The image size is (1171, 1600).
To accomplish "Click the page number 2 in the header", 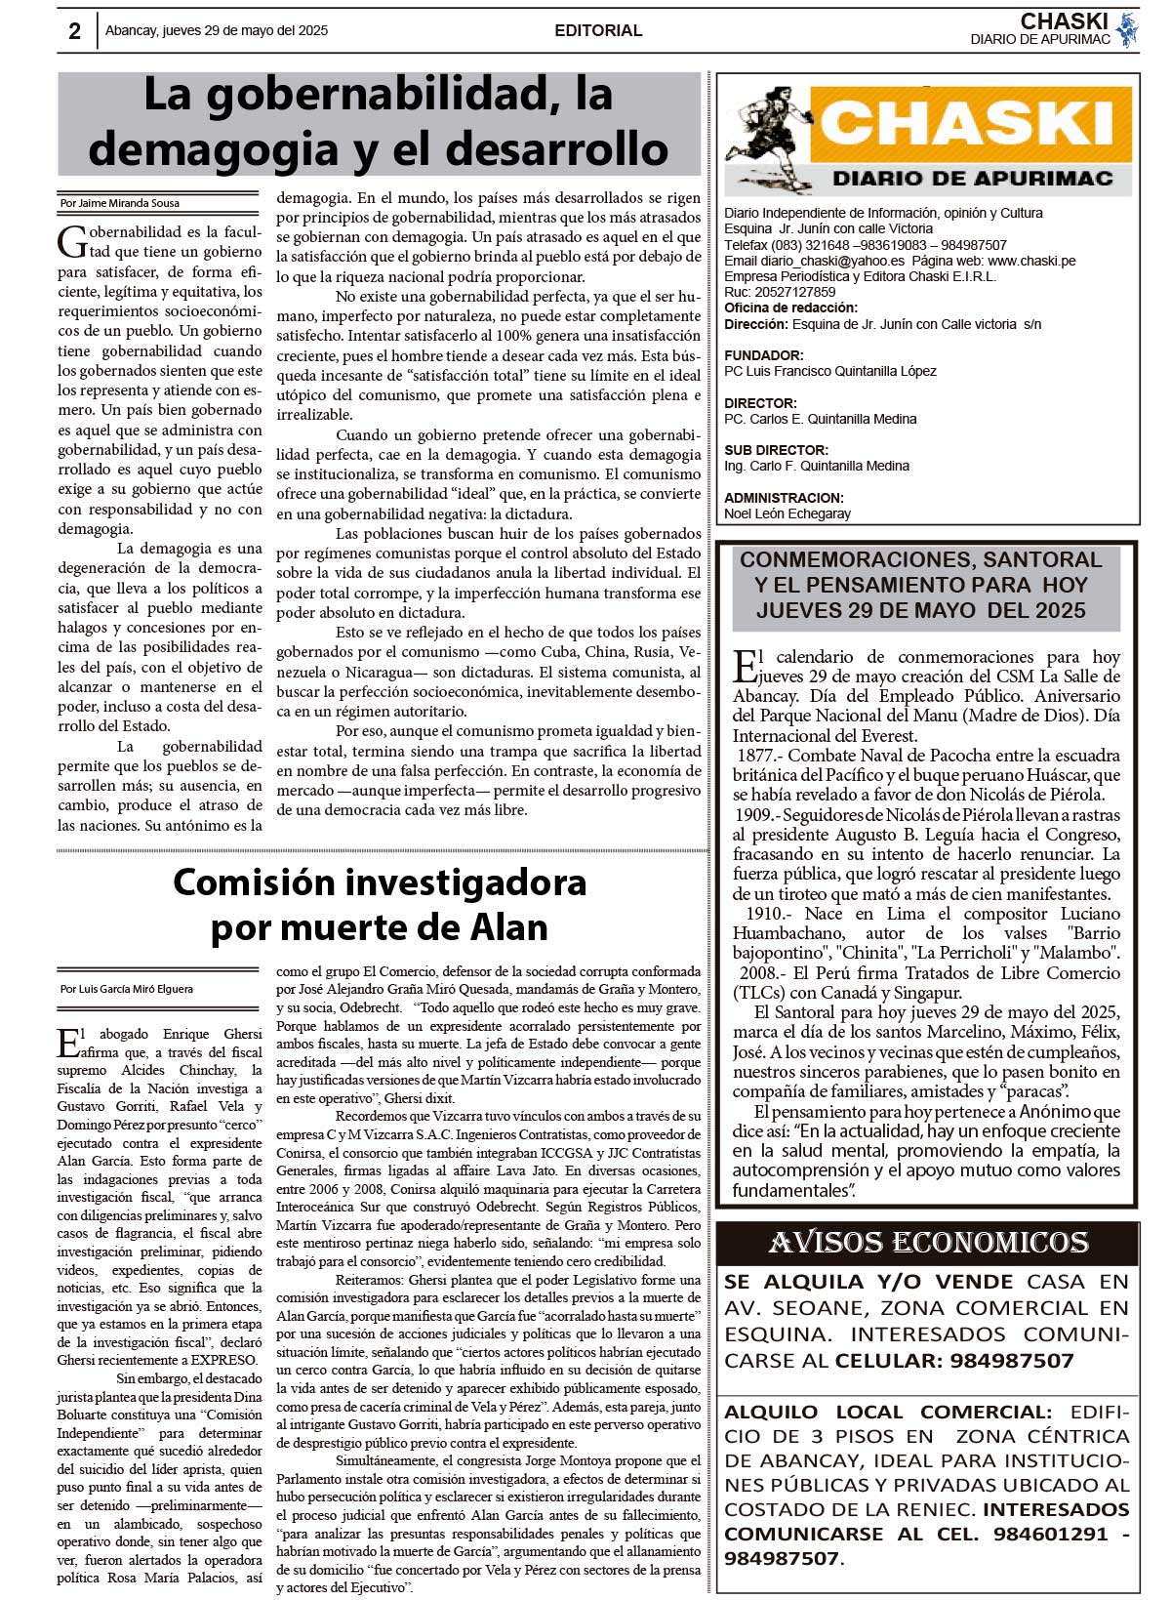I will pos(74,31).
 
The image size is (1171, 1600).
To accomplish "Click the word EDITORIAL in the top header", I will pos(598,31).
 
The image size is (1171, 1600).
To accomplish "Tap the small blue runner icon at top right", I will pos(1127,30).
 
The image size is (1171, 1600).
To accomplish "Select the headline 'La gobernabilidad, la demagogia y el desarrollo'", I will pos(379,122).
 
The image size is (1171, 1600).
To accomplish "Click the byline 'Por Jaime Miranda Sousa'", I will pos(119,203).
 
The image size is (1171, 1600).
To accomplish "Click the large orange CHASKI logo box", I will pos(971,124).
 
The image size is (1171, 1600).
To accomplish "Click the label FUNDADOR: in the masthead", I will pos(764,355).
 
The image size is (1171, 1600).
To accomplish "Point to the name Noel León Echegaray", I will pos(787,513).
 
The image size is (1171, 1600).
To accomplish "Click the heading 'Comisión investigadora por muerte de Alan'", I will pos(380,904).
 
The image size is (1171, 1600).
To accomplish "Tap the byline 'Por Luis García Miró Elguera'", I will pos(126,989).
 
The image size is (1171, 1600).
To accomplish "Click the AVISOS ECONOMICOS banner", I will pos(927,1244).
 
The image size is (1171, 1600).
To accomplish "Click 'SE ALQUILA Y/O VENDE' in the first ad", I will pos(868,1282).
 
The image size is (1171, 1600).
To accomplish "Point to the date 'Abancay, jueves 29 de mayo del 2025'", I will pos(217,31).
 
